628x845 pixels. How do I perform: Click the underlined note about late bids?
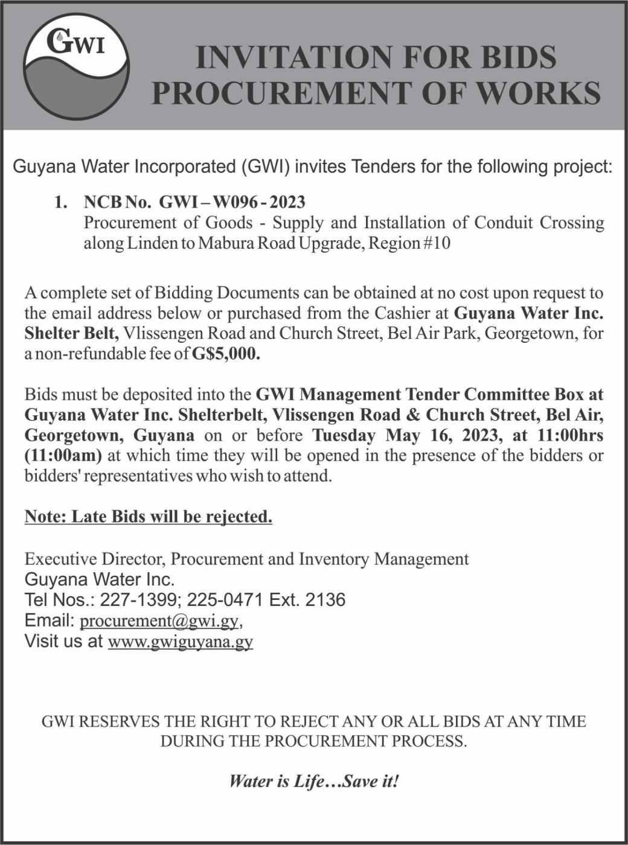point(148,517)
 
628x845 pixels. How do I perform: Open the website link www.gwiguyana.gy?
point(180,641)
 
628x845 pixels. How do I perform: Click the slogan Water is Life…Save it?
point(314,782)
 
